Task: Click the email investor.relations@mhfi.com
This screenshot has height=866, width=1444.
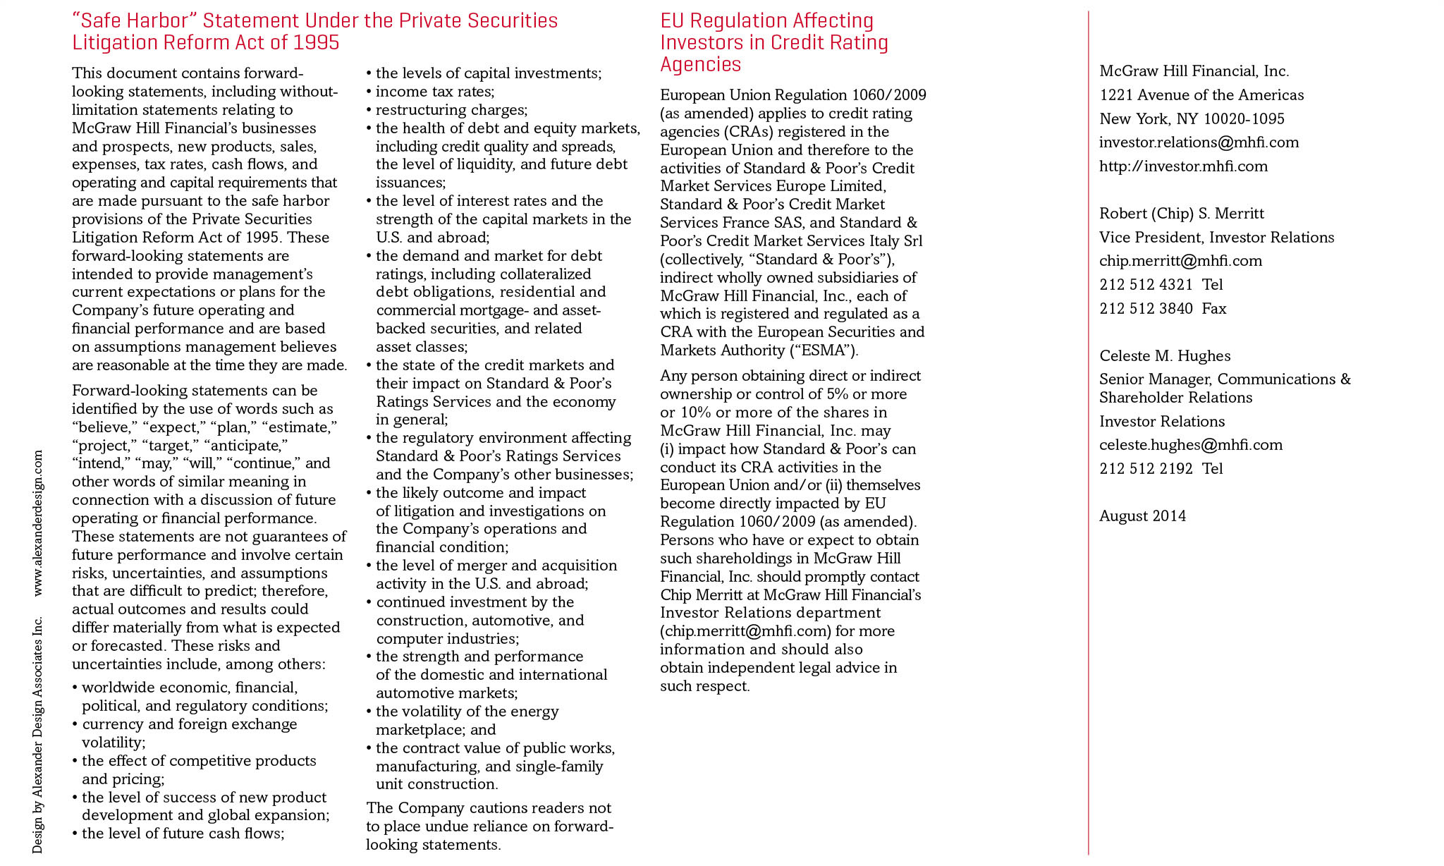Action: pos(1199,142)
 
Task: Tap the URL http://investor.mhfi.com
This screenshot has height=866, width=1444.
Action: pos(1183,166)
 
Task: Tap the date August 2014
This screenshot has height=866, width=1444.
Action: pos(1142,516)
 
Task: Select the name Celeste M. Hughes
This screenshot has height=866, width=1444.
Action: pos(1165,356)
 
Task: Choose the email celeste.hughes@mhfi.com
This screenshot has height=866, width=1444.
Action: pos(1190,445)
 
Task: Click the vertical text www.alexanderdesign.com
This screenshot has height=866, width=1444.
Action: pos(38,523)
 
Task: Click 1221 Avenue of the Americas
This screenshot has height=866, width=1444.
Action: pos(1201,95)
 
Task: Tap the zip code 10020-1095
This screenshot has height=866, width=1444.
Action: pos(1244,119)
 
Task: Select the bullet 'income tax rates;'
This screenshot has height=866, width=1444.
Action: pos(434,92)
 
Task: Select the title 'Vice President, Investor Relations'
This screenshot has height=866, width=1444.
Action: pos(1216,238)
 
